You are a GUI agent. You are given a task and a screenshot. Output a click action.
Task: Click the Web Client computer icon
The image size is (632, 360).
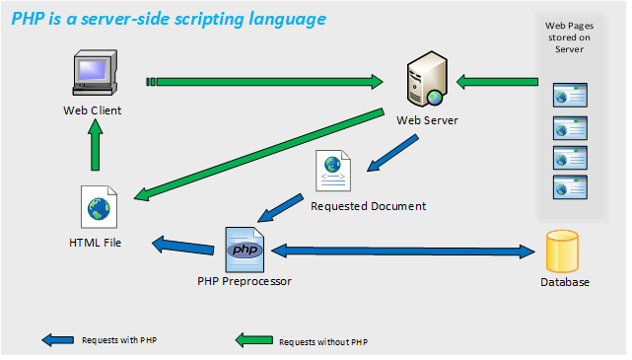coord(95,73)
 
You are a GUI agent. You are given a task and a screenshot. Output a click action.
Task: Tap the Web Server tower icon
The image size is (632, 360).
coord(427,79)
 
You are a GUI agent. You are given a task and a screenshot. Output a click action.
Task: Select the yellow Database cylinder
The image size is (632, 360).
coord(562,252)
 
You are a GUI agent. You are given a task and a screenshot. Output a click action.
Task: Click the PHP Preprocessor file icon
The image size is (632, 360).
coord(245,250)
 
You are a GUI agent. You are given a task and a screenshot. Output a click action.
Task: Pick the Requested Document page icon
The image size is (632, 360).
coord(333,171)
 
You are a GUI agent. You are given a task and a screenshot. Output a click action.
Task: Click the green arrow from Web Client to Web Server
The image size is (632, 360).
coord(264,82)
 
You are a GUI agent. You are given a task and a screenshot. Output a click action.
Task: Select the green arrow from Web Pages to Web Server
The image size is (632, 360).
coord(497,82)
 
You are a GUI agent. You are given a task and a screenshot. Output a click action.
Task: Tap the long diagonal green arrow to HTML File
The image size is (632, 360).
coord(258,154)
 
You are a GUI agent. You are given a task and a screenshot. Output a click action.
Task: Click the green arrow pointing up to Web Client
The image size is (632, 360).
coord(95,145)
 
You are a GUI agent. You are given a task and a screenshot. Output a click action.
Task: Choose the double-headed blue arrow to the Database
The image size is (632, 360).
coord(403,252)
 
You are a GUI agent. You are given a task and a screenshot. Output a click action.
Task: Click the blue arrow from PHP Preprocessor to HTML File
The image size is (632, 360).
coord(183,246)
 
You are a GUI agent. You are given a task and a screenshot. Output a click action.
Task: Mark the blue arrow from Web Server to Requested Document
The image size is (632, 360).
coord(392,153)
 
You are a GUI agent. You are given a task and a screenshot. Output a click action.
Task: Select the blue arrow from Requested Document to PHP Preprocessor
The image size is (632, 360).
coord(280,208)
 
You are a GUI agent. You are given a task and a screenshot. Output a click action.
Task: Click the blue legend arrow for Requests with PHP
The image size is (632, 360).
coord(57,340)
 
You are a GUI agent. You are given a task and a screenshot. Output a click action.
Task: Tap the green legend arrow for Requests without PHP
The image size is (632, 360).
coord(254,340)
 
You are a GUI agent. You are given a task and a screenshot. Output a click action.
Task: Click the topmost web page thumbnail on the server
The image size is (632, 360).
coord(570,95)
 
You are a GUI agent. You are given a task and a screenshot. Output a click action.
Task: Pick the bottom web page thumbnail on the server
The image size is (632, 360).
coord(570,187)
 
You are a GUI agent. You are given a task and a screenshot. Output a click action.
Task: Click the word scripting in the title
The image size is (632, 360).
coord(209,19)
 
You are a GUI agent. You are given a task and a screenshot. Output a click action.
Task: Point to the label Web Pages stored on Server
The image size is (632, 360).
coord(569,37)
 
